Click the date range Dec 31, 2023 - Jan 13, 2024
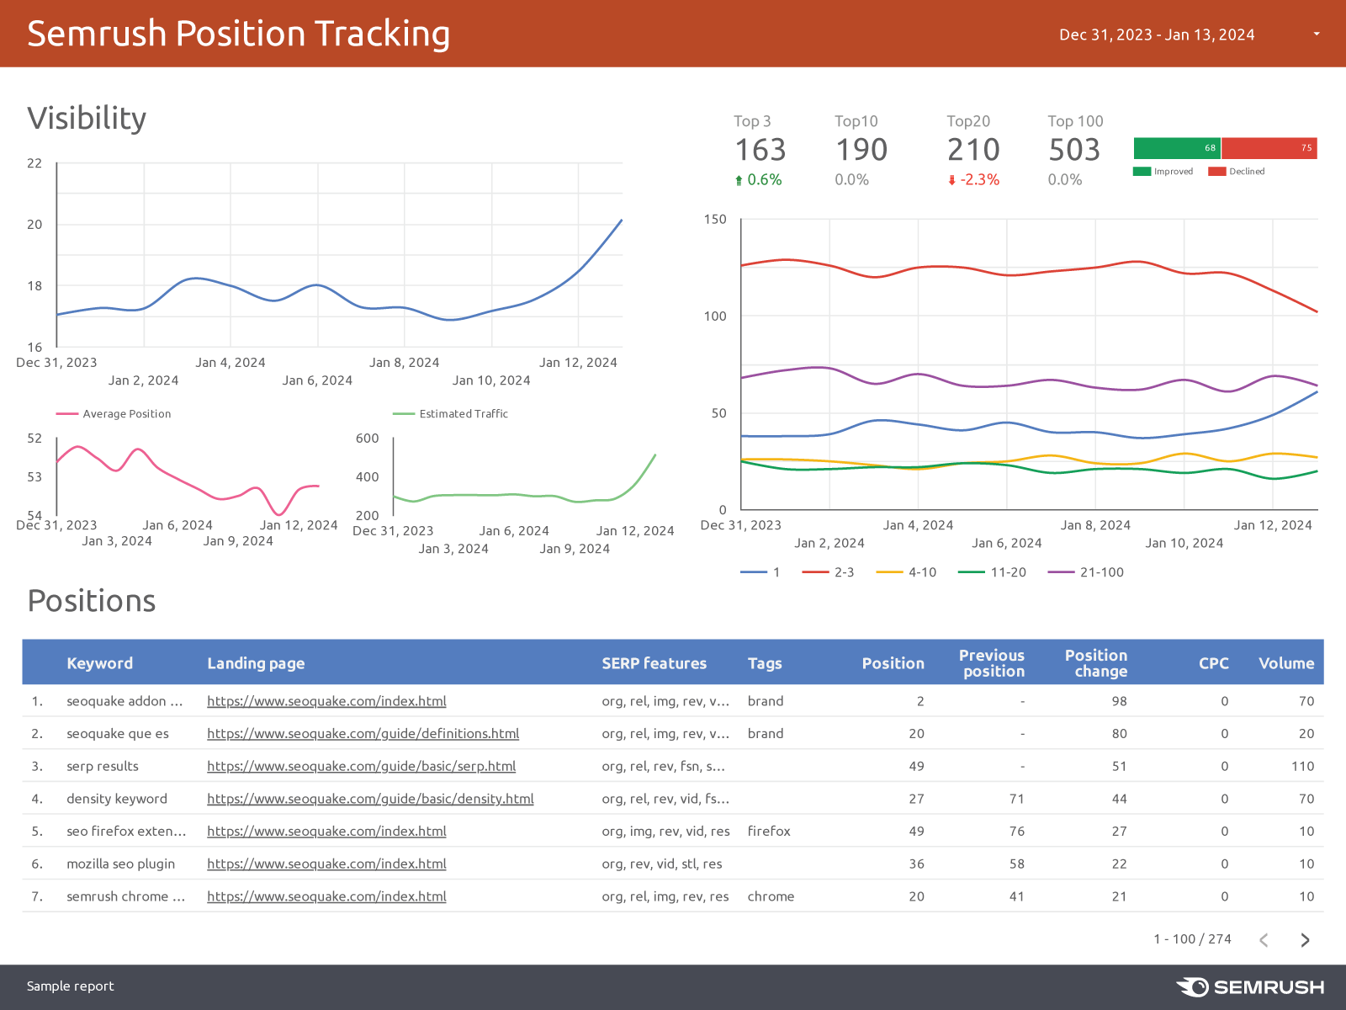pyautogui.click(x=1157, y=35)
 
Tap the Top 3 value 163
pyautogui.click(x=760, y=150)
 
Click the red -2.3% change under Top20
pyautogui.click(x=974, y=180)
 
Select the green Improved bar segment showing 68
pyautogui.click(x=1176, y=148)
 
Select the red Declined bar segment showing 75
pyautogui.click(x=1269, y=148)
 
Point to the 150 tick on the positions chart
pyautogui.click(x=715, y=220)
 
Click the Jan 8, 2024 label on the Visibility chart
pyautogui.click(x=404, y=363)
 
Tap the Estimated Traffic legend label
pyautogui.click(x=463, y=414)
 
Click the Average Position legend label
pyautogui.click(x=126, y=414)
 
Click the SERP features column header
pyautogui.click(x=654, y=663)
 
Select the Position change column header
pyautogui.click(x=1095, y=663)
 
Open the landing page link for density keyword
pyautogui.click(x=370, y=799)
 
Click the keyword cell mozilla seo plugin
pyautogui.click(x=120, y=864)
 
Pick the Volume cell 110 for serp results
pyautogui.click(x=1302, y=766)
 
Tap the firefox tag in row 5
pyautogui.click(x=769, y=832)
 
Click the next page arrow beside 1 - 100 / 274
pyautogui.click(x=1305, y=940)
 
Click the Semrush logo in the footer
pyautogui.click(x=1250, y=986)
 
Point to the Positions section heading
pyautogui.click(x=92, y=601)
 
